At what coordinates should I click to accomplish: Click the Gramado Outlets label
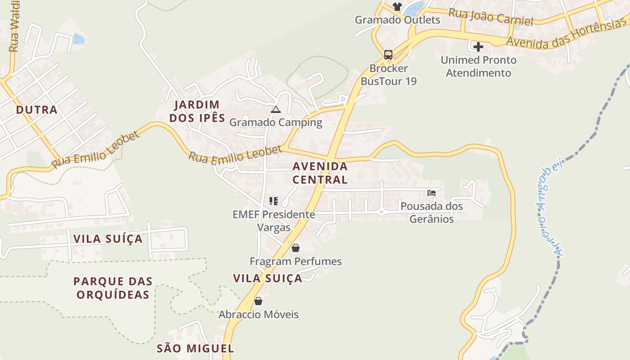tap(397, 20)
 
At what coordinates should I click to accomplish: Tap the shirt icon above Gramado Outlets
tap(397, 6)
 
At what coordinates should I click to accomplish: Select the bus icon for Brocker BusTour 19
tap(388, 55)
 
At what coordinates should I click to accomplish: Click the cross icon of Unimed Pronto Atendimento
tap(478, 46)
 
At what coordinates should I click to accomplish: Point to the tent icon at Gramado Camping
tap(276, 109)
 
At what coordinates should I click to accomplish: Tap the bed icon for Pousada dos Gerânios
tap(432, 193)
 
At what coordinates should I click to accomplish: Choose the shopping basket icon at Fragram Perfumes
tap(296, 248)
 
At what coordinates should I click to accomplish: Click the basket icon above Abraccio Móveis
tap(258, 301)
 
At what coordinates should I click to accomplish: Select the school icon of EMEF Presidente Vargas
tap(274, 201)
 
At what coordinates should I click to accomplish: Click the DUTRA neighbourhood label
tap(37, 110)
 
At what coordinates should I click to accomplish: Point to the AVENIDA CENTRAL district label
tap(320, 173)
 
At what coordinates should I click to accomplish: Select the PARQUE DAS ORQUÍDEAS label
tap(113, 288)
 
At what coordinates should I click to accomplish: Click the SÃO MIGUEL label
tap(195, 348)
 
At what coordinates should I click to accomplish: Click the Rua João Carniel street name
tap(490, 17)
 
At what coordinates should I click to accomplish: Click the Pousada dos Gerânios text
tap(432, 212)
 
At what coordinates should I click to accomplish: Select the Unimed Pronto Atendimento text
tap(478, 66)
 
